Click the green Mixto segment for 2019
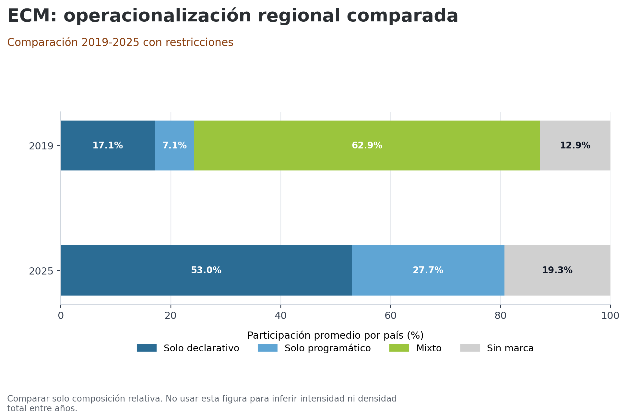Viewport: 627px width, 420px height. [367, 146]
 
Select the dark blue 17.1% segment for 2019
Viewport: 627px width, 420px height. [108, 146]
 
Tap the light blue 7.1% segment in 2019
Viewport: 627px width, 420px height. [174, 146]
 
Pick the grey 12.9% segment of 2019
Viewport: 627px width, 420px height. [575, 146]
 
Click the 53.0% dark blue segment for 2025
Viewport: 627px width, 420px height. [206, 270]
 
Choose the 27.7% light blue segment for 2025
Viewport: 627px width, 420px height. [428, 270]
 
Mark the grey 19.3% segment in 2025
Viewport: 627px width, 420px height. [557, 270]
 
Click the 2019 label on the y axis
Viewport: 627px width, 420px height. [41, 146]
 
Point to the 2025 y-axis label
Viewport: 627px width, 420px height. [41, 271]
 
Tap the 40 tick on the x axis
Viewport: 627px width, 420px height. [280, 316]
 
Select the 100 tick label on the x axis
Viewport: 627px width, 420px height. [610, 316]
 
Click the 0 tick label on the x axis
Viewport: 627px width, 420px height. [61, 316]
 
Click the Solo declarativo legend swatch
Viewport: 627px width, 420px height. [147, 348]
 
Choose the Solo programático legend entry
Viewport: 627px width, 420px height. [327, 348]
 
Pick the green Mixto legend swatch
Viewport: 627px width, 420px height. [399, 348]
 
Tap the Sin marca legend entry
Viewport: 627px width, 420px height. [510, 348]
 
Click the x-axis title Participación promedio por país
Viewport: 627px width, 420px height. [335, 335]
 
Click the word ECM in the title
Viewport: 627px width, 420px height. [31, 16]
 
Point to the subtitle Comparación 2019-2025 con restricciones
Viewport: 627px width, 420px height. [120, 42]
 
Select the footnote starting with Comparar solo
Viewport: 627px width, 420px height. [202, 403]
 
